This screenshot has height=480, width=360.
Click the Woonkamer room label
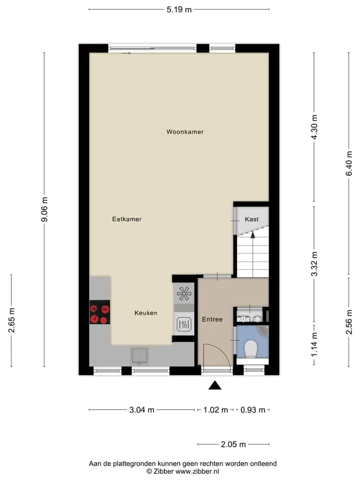tap(185, 131)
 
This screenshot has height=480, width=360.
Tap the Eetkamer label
tap(126, 219)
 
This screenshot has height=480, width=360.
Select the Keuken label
tap(146, 313)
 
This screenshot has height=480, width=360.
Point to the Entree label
tap(212, 319)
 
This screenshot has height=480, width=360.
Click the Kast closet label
tap(251, 219)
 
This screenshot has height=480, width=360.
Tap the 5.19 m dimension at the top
tap(179, 9)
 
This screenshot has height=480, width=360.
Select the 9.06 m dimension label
tap(44, 209)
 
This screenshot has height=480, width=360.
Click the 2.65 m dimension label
tap(11, 320)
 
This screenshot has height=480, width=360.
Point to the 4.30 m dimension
tap(314, 127)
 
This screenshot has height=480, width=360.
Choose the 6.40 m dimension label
tap(349, 163)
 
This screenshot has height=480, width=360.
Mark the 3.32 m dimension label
tap(314, 264)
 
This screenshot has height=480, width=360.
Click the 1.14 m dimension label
tap(314, 344)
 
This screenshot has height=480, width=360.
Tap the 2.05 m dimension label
tap(233, 444)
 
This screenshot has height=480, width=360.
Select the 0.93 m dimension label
tap(253, 410)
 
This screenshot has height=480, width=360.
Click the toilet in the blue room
tap(251, 349)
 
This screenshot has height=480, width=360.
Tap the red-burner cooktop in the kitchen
tap(100, 312)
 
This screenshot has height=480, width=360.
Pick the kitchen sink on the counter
tap(139, 356)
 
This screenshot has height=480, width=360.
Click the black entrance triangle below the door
tap(215, 385)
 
